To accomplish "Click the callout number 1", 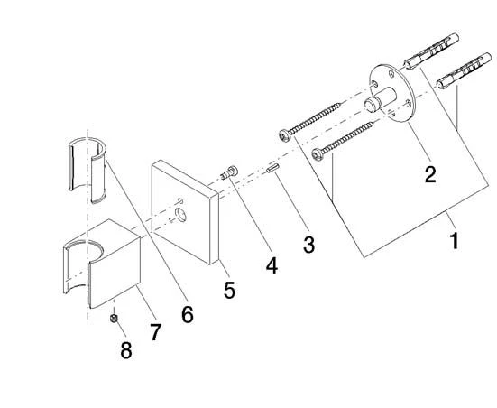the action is tap(455, 241).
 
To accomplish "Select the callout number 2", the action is tap(430, 174).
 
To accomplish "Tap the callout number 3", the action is tap(308, 245).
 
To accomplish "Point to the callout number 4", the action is tap(272, 265).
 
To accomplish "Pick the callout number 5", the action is tap(229, 290).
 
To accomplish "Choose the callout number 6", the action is tap(188, 314).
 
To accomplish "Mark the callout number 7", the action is tap(155, 332).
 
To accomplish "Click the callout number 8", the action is tap(126, 350).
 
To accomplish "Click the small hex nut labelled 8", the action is tap(114, 319).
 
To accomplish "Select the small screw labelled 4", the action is tap(229, 173).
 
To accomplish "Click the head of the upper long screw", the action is tap(284, 135).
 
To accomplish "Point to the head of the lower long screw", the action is tap(318, 154).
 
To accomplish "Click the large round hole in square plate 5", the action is tap(181, 215).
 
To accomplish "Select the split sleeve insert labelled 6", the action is tap(87, 170).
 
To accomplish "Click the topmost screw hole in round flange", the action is tap(391, 75).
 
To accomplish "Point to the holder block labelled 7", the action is tap(102, 264).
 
